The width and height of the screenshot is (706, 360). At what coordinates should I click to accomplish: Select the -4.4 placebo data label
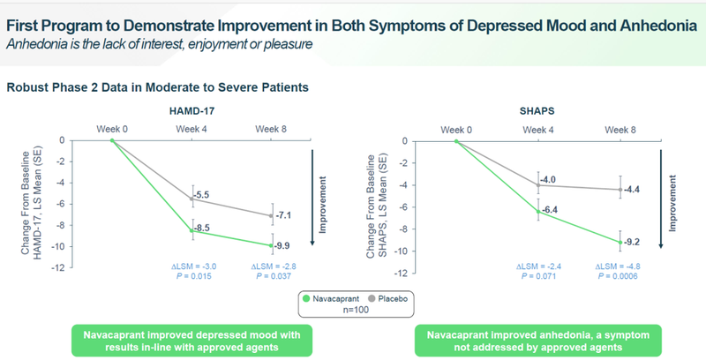coord(634,189)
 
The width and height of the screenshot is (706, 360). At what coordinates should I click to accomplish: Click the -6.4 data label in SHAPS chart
coord(551,208)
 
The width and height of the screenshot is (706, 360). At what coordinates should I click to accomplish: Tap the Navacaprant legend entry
coord(330,297)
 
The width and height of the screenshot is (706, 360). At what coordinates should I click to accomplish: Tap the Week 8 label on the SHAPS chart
coord(620,129)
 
